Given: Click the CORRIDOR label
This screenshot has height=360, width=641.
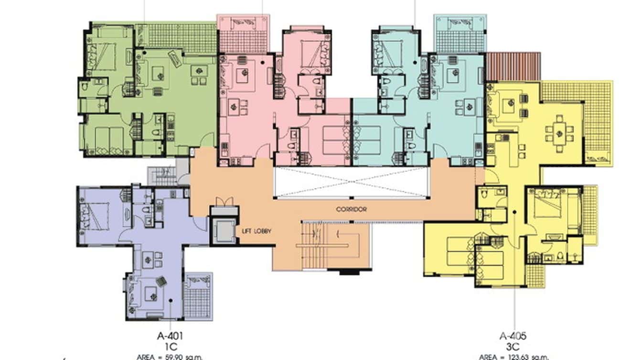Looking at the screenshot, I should point(351,209).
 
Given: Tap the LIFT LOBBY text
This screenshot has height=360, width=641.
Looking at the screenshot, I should point(256,231).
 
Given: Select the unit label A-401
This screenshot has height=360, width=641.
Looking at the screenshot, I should point(170,336).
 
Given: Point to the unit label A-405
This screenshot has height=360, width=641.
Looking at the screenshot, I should point(513,336).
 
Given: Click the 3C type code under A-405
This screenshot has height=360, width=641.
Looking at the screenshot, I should point(513,345).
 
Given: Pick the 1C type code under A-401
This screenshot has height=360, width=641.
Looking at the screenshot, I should point(170,345).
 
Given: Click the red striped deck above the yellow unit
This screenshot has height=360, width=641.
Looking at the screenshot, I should point(513,66).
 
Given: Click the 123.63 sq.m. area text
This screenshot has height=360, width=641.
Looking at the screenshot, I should point(513,356).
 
